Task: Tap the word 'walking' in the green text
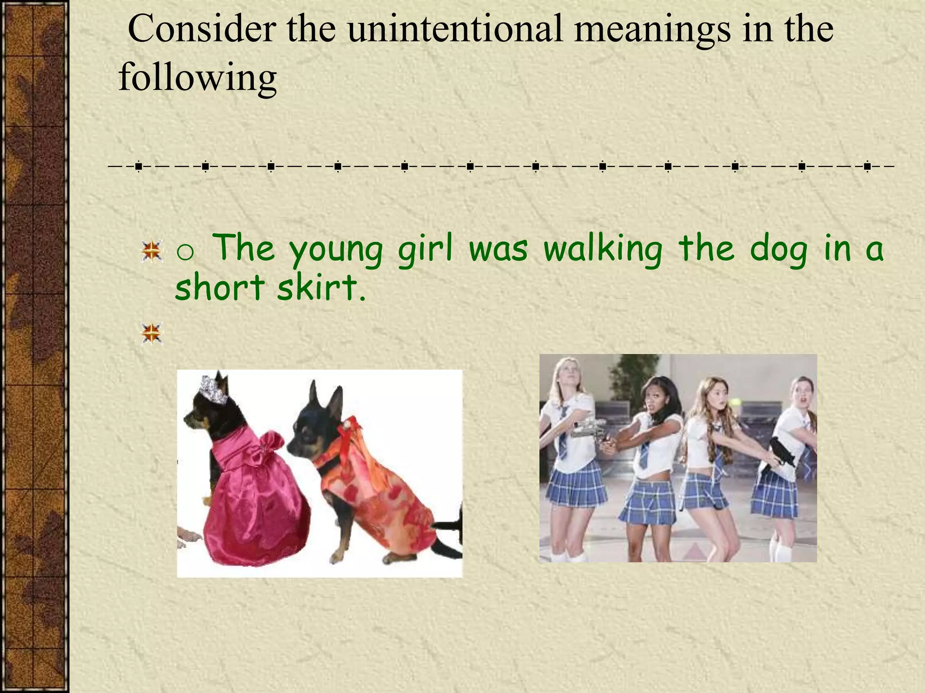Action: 603,249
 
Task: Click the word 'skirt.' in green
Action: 321,287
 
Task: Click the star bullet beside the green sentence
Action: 152,251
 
